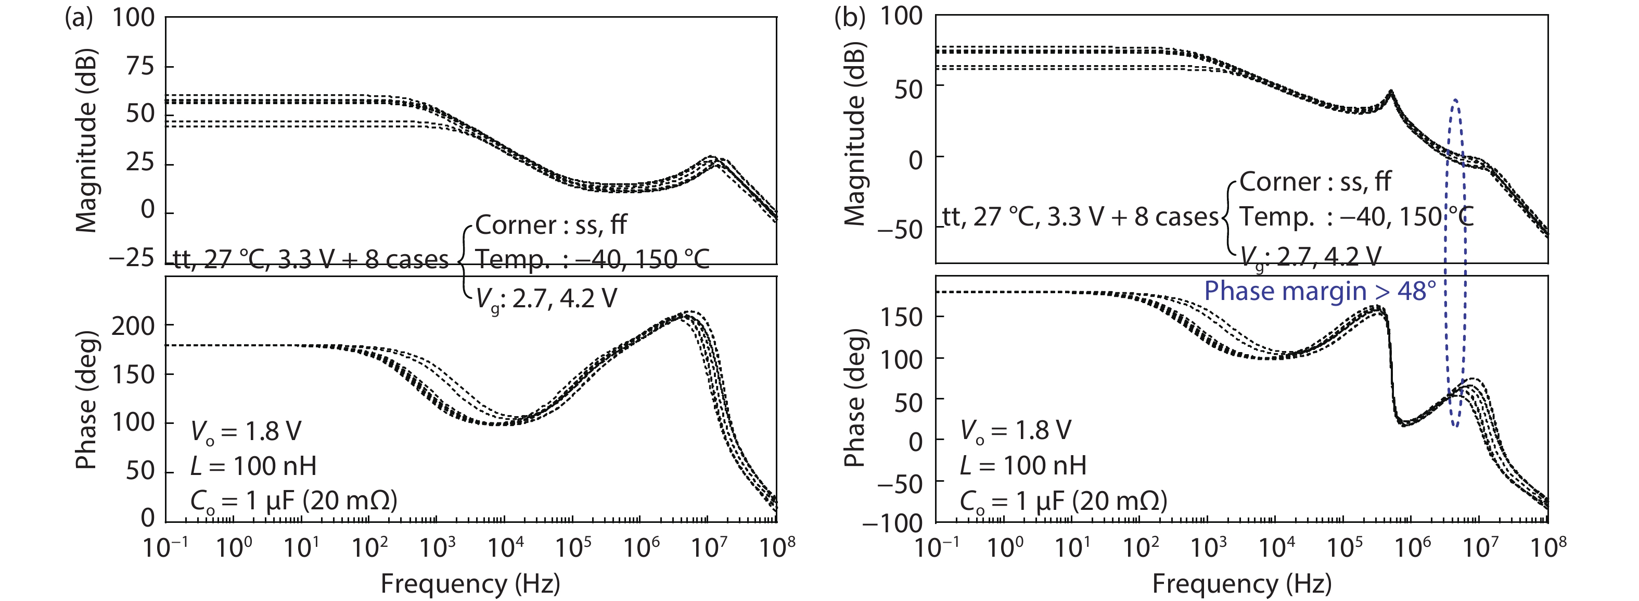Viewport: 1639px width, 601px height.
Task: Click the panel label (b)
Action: pyautogui.click(x=849, y=18)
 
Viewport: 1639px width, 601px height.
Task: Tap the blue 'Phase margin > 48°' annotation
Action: pyautogui.click(x=1320, y=291)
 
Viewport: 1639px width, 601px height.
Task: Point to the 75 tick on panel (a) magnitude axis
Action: pyautogui.click(x=140, y=66)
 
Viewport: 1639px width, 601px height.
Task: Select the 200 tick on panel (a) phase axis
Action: pyautogui.click(x=133, y=326)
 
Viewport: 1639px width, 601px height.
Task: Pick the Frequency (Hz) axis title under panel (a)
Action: pyautogui.click(x=470, y=583)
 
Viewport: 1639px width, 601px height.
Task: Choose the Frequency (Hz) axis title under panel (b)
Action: pyautogui.click(x=1241, y=583)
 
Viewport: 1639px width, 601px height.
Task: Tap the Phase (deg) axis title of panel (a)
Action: pyautogui.click(x=86, y=400)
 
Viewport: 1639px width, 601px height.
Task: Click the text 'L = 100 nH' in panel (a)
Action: pyautogui.click(x=253, y=467)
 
